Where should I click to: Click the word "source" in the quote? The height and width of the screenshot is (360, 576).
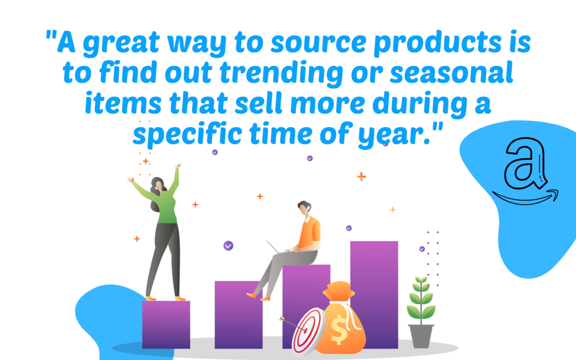click(x=318, y=42)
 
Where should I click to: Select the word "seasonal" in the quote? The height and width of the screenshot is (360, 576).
click(x=451, y=72)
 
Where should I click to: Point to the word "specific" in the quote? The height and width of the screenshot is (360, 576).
click(x=187, y=134)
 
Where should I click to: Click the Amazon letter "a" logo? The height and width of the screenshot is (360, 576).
click(x=525, y=163)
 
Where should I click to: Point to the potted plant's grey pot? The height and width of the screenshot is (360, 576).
click(x=421, y=336)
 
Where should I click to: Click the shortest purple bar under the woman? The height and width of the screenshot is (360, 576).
click(x=166, y=325)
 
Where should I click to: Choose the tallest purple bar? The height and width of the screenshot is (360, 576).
click(x=374, y=295)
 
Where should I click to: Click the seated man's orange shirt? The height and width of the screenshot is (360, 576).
click(x=309, y=233)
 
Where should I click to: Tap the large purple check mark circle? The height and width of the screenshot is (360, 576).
click(x=228, y=245)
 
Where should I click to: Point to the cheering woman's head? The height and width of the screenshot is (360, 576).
click(x=158, y=184)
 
